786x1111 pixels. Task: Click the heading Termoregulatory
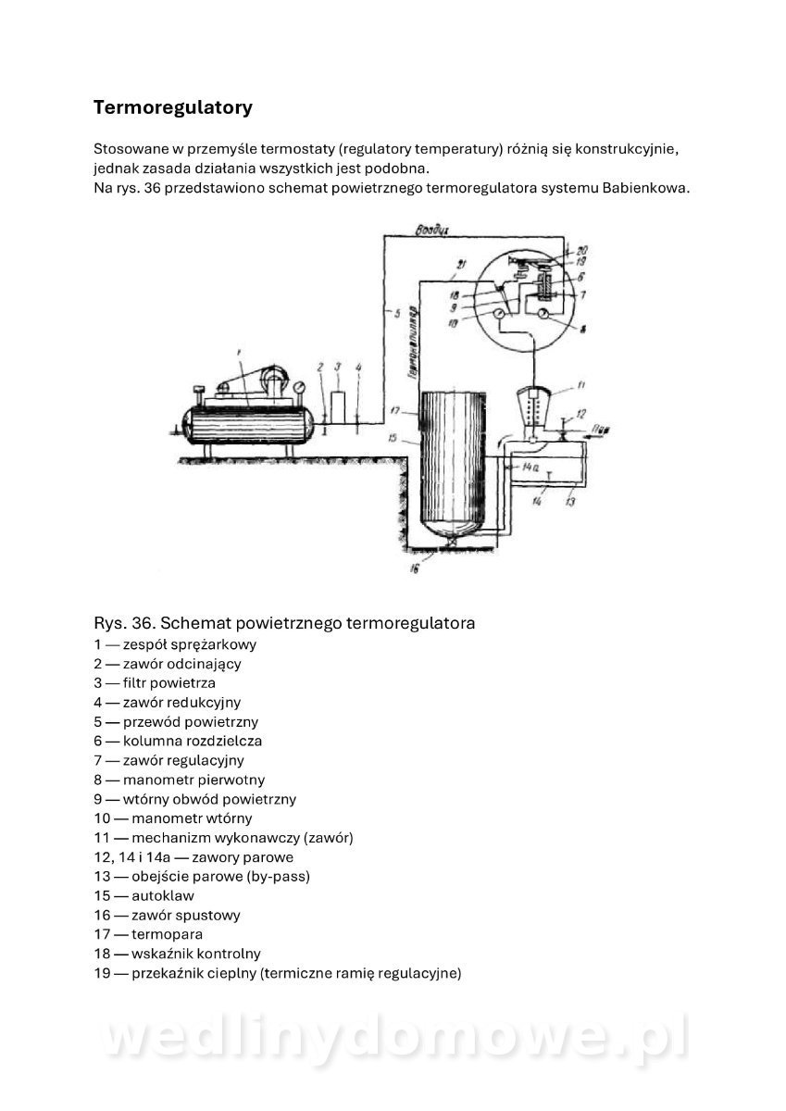[x=172, y=107]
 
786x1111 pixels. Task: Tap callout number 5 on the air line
[x=395, y=315]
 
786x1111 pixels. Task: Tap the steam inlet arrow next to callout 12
[x=593, y=431]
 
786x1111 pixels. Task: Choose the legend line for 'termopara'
[x=148, y=934]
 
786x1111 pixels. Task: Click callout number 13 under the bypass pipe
[x=570, y=502]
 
